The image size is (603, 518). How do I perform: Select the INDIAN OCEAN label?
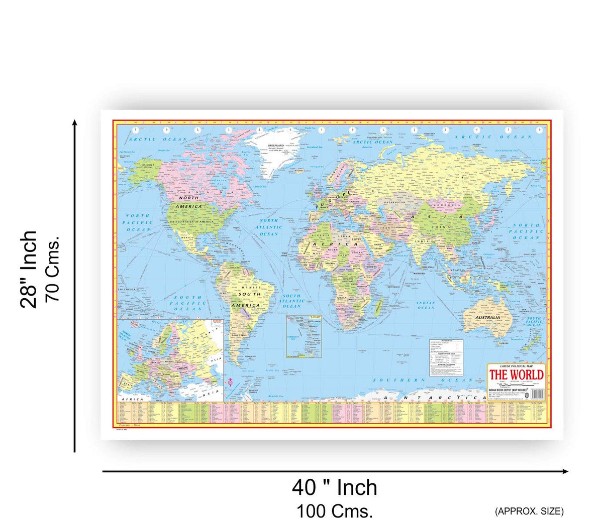coord(426,305)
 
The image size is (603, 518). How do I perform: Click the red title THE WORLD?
coord(517,375)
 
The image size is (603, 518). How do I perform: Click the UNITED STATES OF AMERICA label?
coord(191,221)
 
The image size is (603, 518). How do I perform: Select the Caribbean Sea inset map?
coord(304,336)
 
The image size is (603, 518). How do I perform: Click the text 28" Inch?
coord(29,270)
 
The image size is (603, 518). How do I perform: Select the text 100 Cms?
coord(335,510)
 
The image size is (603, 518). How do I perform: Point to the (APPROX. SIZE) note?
coord(529,511)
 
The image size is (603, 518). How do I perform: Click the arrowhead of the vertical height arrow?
coord(75,122)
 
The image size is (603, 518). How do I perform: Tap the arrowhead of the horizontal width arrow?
coord(566,471)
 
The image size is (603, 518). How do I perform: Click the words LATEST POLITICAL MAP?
coord(517,367)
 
